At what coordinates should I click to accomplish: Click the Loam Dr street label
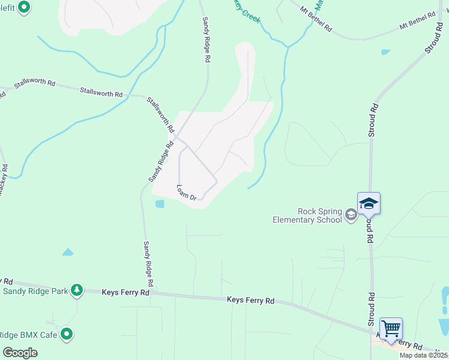tap(186, 193)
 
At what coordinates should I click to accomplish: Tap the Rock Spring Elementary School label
tap(306, 215)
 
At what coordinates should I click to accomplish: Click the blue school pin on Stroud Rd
tap(369, 204)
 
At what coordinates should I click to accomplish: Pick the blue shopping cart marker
tap(391, 329)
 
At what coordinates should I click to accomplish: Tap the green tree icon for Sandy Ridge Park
tap(76, 290)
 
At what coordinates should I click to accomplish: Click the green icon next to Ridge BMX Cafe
tap(67, 334)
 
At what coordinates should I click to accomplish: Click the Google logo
tap(20, 353)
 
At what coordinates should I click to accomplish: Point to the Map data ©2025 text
tap(424, 355)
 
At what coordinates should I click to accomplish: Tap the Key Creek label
tap(247, 11)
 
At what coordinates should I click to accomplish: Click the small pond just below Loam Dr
tap(160, 203)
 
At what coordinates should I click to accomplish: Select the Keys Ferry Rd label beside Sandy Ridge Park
tap(125, 292)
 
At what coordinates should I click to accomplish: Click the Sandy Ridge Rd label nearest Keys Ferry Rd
tap(149, 264)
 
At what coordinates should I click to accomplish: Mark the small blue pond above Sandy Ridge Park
tap(68, 252)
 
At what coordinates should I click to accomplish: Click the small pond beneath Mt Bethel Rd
tap(385, 52)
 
